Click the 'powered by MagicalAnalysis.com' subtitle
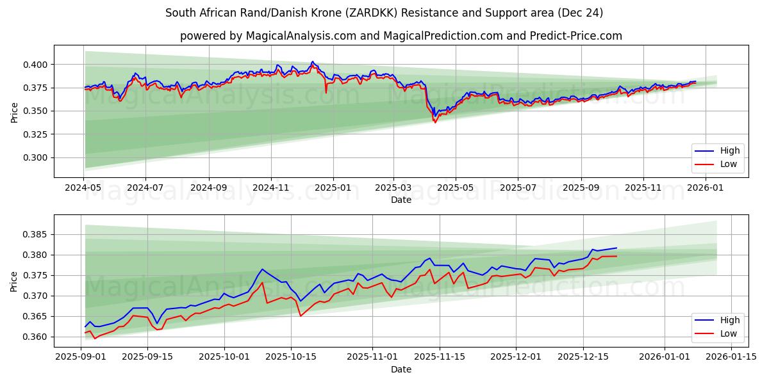pyautogui.click(x=401, y=36)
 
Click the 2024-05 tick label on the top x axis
pyautogui.click(x=83, y=188)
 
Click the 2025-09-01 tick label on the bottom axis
pyautogui.click(x=81, y=357)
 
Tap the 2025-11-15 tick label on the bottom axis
pyautogui.click(x=440, y=357)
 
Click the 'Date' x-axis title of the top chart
pyautogui.click(x=401, y=200)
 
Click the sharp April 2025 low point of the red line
pyautogui.click(x=435, y=122)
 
